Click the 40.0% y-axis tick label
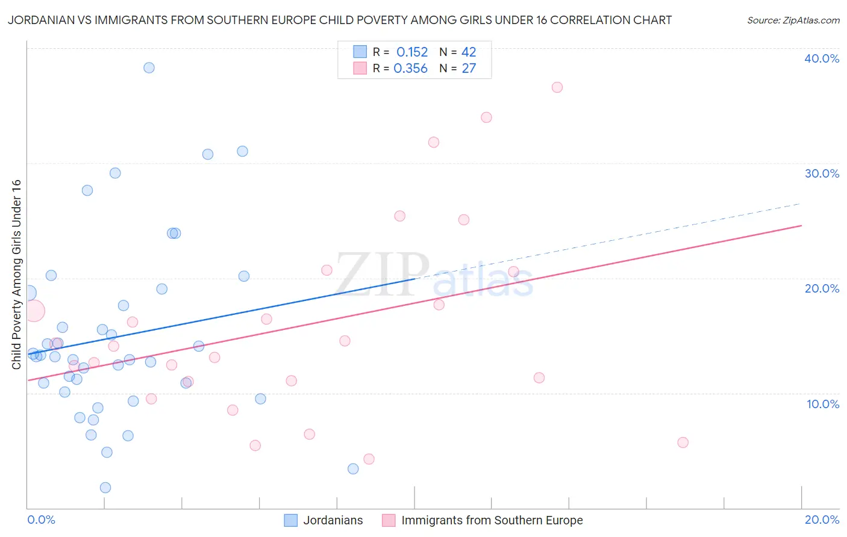click(x=822, y=58)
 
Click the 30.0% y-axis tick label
click(x=822, y=173)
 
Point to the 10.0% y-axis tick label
click(x=823, y=404)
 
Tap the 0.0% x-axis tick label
click(x=41, y=520)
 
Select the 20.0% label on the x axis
click(x=822, y=520)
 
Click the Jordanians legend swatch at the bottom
click(x=290, y=520)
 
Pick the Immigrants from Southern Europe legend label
click(x=492, y=520)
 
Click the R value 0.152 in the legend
click(x=412, y=52)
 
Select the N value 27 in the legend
click(x=469, y=69)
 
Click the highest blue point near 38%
click(x=149, y=67)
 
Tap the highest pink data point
click(x=557, y=87)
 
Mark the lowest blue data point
click(x=105, y=488)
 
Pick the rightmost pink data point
click(x=683, y=442)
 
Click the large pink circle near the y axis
click(x=34, y=311)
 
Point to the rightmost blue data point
click(x=353, y=469)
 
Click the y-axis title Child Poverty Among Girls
click(x=16, y=275)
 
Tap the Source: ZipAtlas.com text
click(x=793, y=20)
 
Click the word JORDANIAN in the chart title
click(x=42, y=20)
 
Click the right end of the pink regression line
click(x=801, y=226)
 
